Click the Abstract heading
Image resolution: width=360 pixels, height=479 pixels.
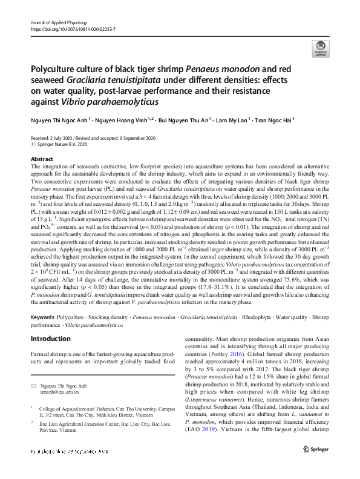coord(41,158)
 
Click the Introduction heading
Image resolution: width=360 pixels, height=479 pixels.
coord(50,339)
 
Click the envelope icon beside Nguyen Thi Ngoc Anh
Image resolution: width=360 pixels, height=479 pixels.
coord(34,386)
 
